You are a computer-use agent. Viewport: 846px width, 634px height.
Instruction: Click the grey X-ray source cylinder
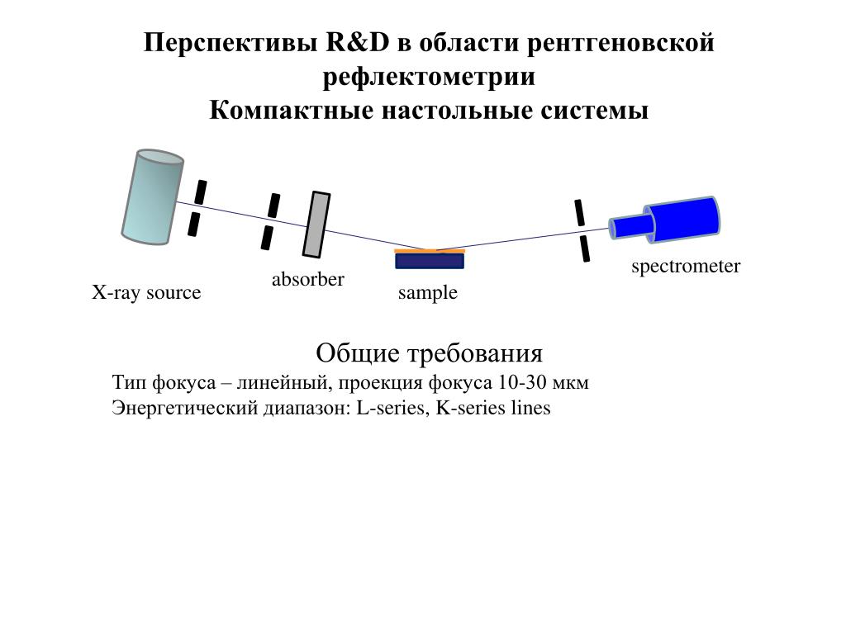pyautogui.click(x=153, y=196)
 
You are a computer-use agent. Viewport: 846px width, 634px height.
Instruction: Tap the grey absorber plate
pyautogui.click(x=316, y=225)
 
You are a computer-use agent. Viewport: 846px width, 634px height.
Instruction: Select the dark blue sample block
pyautogui.click(x=430, y=261)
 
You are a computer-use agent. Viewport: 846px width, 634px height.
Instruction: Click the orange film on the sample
pyautogui.click(x=430, y=251)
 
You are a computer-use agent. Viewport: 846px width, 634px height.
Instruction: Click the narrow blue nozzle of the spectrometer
pyautogui.click(x=630, y=226)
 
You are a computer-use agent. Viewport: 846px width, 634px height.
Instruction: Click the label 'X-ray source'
pyautogui.click(x=146, y=292)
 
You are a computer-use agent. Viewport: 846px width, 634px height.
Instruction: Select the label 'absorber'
pyautogui.click(x=307, y=279)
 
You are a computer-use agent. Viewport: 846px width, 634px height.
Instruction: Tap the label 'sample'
pyautogui.click(x=428, y=293)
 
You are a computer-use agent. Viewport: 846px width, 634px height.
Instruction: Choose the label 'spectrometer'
pyautogui.click(x=686, y=267)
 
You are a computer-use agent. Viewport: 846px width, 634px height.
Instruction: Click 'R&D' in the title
pyautogui.click(x=357, y=43)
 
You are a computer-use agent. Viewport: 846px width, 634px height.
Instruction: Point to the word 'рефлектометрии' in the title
pyautogui.click(x=429, y=77)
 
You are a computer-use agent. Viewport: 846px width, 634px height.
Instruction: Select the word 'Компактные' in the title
pyautogui.click(x=292, y=111)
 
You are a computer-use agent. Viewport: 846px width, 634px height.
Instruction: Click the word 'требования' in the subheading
pyautogui.click(x=475, y=353)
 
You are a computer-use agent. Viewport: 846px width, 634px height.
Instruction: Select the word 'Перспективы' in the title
pyautogui.click(x=231, y=43)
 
